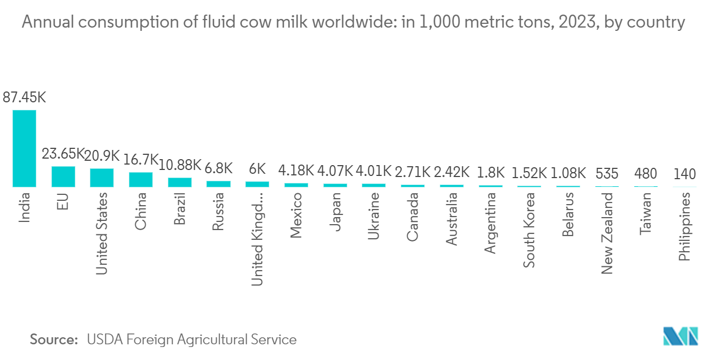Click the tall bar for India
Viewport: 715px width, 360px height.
pyautogui.click(x=24, y=148)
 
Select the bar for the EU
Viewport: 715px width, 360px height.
pyautogui.click(x=63, y=176)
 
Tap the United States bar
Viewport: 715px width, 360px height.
pyautogui.click(x=102, y=178)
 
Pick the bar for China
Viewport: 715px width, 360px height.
pyautogui.click(x=141, y=180)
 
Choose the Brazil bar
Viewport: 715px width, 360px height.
pyautogui.click(x=180, y=182)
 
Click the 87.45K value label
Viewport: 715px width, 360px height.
pyautogui.click(x=24, y=97)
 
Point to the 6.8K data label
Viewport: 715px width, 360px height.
pyautogui.click(x=219, y=168)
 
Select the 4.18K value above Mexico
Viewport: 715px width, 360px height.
pyautogui.click(x=296, y=171)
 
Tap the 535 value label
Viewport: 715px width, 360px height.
pyautogui.click(x=607, y=174)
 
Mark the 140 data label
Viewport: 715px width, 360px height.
pyautogui.click(x=684, y=174)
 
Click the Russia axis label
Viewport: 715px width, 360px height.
pyautogui.click(x=218, y=212)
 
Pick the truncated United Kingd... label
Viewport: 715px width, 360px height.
pyautogui.click(x=257, y=239)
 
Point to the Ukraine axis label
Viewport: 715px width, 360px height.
pyautogui.click(x=373, y=216)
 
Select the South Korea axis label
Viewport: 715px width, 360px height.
pyautogui.click(x=529, y=230)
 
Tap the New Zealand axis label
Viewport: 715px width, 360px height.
pyautogui.click(x=607, y=233)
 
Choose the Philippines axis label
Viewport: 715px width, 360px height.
pyautogui.click(x=684, y=227)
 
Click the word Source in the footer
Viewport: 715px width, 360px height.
pyautogui.click(x=54, y=339)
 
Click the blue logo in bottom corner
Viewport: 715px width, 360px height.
pyautogui.click(x=680, y=336)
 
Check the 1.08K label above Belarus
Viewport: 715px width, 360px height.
pyautogui.click(x=568, y=173)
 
